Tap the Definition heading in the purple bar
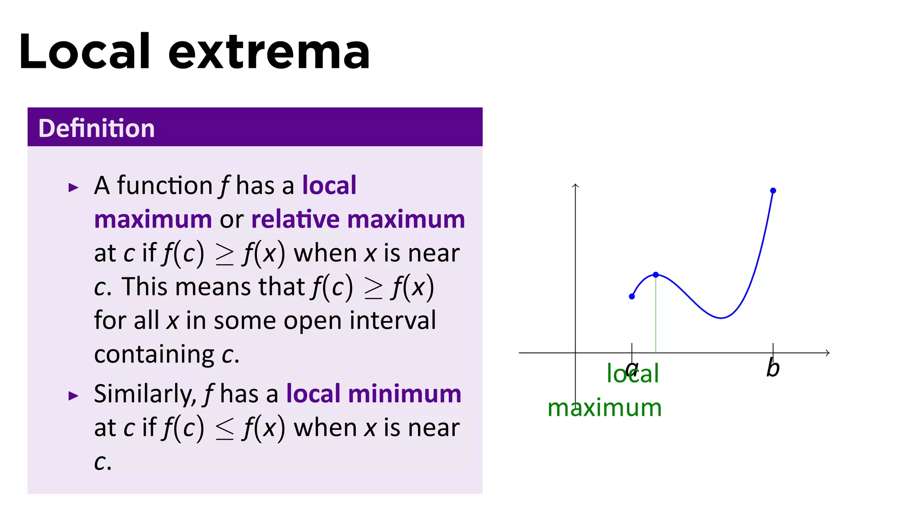pyautogui.click(x=96, y=128)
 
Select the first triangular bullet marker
pyautogui.click(x=73, y=188)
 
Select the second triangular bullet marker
pyautogui.click(x=73, y=396)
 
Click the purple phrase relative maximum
pyautogui.click(x=358, y=220)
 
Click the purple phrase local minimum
pyautogui.click(x=373, y=394)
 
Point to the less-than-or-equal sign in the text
pyautogui.click(x=224, y=429)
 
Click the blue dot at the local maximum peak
pyautogui.click(x=656, y=275)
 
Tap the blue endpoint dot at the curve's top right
pyautogui.click(x=773, y=190)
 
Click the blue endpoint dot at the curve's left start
pyautogui.click(x=632, y=296)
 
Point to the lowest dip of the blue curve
pyautogui.click(x=721, y=317)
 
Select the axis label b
pyautogui.click(x=772, y=368)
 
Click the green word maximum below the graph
pyautogui.click(x=604, y=408)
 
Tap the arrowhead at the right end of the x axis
pyautogui.click(x=828, y=353)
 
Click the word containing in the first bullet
pyautogui.click(x=154, y=355)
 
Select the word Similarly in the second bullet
pyautogui.click(x=144, y=394)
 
